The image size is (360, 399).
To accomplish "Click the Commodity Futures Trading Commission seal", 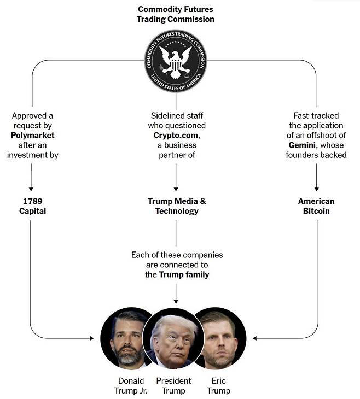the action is pos(176,61).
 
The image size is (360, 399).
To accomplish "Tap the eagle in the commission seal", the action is pos(176,62).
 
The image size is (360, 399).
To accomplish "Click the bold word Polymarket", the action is pos(33,136).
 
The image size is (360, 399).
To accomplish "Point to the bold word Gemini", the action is pos(302,145).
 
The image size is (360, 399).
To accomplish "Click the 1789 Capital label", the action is pos(33,206).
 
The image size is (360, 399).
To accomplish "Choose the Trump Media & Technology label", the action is pos(177,206).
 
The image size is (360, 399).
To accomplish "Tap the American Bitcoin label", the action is pos(316,206).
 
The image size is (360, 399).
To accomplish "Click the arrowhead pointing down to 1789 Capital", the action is pos(31,189).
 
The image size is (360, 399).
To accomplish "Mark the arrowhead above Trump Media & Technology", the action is pos(176,189).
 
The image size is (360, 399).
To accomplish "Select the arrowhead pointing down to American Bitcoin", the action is pos(316,189).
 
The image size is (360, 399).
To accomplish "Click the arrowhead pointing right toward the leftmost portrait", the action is pos(92,338).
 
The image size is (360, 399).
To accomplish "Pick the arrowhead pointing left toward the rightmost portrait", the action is pos(254,338).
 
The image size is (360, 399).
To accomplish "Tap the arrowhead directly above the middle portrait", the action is pos(176,302).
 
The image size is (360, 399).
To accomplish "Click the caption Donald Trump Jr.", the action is pos(131,386).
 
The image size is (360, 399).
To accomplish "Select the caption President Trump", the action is pos(173,386).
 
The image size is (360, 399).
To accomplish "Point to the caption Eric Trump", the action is pos(219,386).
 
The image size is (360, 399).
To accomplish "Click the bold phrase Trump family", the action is pos(184,274).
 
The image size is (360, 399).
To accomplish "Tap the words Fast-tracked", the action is pos(316,116).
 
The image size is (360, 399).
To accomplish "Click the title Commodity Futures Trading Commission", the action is pos(176,14).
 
